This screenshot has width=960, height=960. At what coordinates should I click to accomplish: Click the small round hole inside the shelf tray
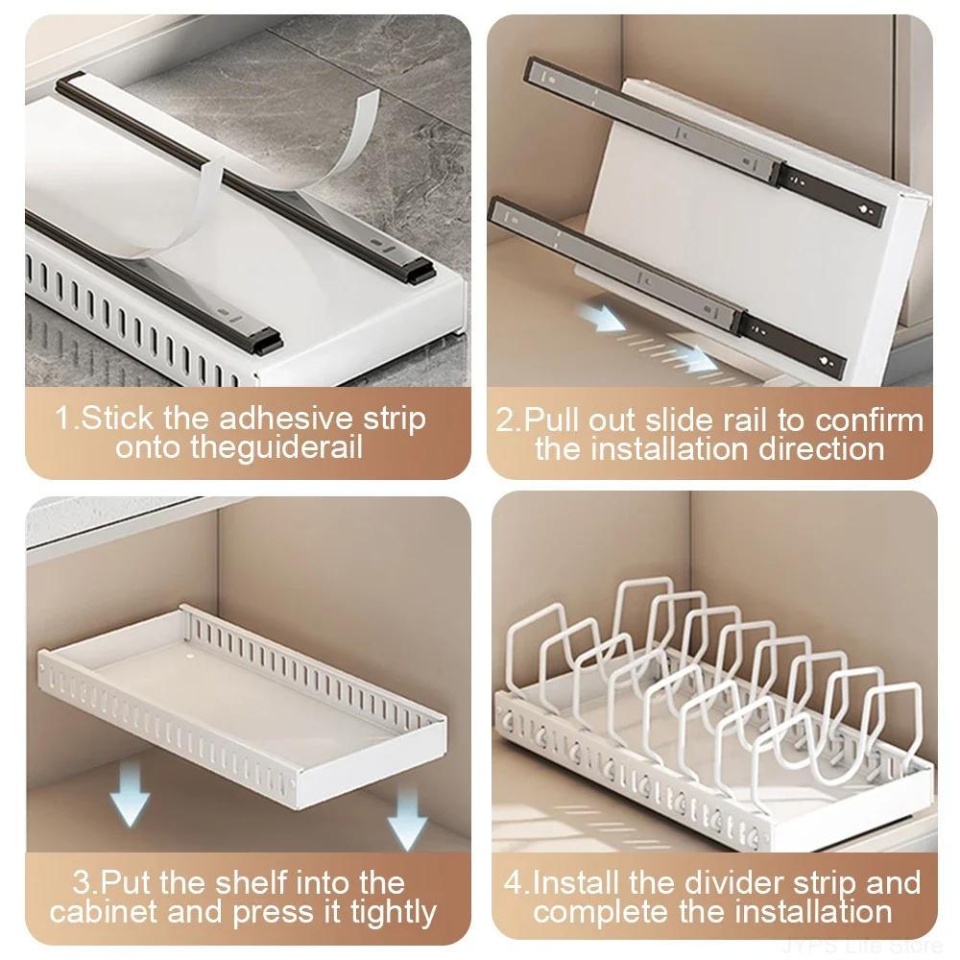tap(189, 658)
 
